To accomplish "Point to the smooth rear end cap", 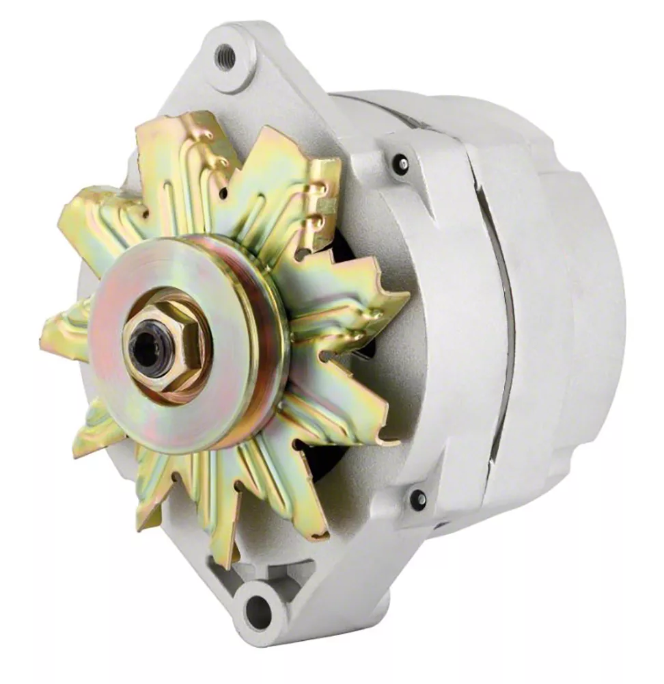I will (581, 308).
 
